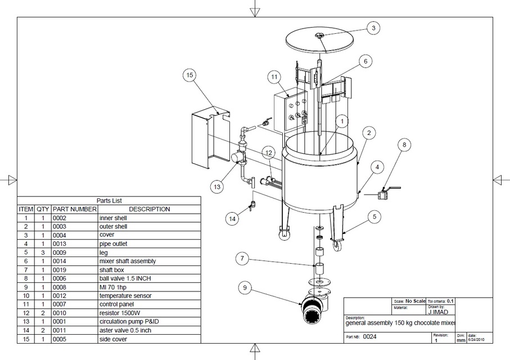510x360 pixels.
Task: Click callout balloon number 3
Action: coord(374,28)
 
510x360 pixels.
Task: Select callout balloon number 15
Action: coord(190,76)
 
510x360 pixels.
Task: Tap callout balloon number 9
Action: coord(245,288)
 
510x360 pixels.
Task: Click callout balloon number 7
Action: coord(241,259)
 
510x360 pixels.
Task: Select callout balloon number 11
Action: coord(274,76)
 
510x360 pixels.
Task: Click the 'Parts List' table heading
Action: coord(109,200)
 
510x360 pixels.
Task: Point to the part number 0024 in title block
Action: coord(370,337)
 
